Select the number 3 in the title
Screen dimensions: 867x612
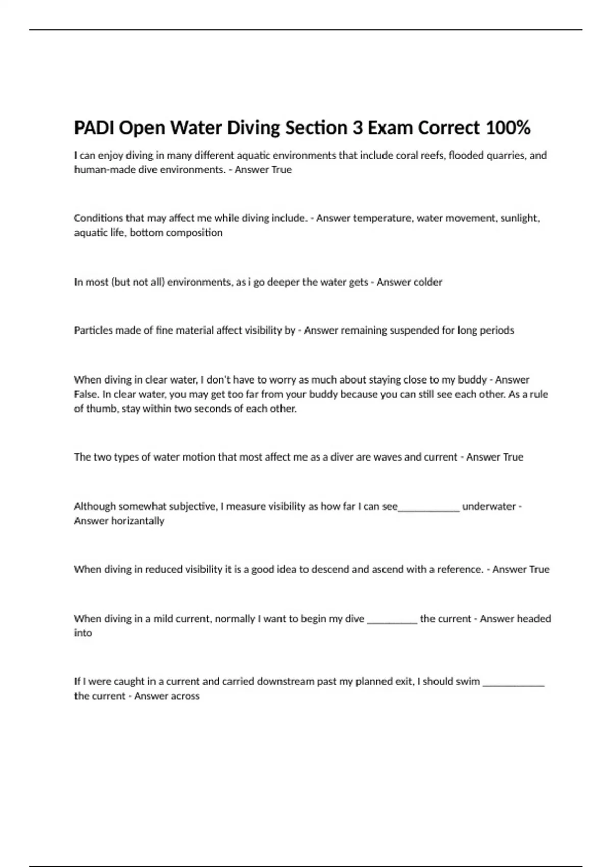point(358,127)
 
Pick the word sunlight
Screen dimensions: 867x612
point(520,218)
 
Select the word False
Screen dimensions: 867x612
point(86,394)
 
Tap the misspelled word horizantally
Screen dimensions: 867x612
point(140,521)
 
